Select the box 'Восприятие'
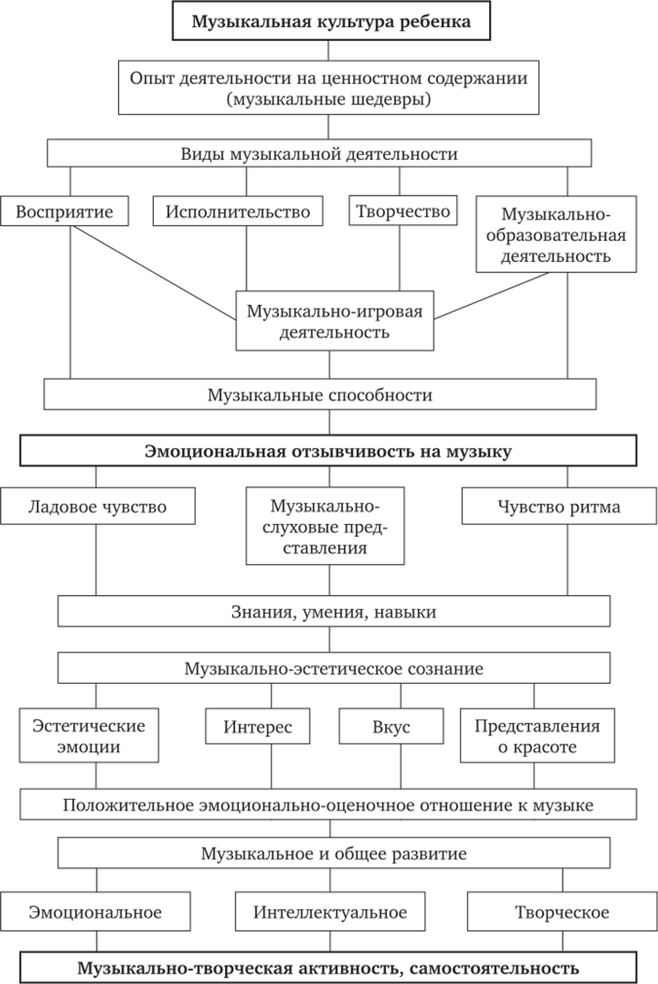click(x=64, y=210)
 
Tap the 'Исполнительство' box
click(x=238, y=210)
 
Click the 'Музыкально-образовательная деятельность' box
click(x=556, y=235)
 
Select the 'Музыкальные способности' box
click(x=320, y=395)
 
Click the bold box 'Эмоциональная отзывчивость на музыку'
click(x=329, y=451)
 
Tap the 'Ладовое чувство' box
click(x=97, y=507)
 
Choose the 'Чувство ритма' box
click(x=559, y=507)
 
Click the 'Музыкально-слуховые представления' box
click(x=326, y=527)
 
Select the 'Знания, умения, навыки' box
click(x=333, y=612)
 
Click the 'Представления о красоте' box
click(x=537, y=737)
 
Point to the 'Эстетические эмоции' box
click(x=89, y=737)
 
